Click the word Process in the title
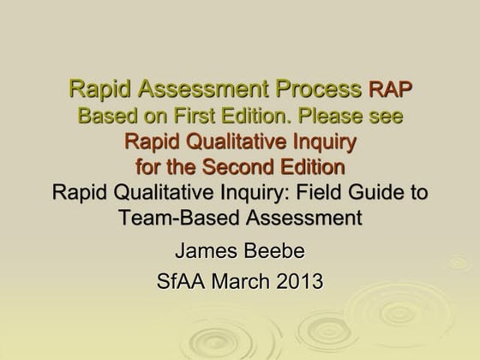pyautogui.click(x=315, y=88)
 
